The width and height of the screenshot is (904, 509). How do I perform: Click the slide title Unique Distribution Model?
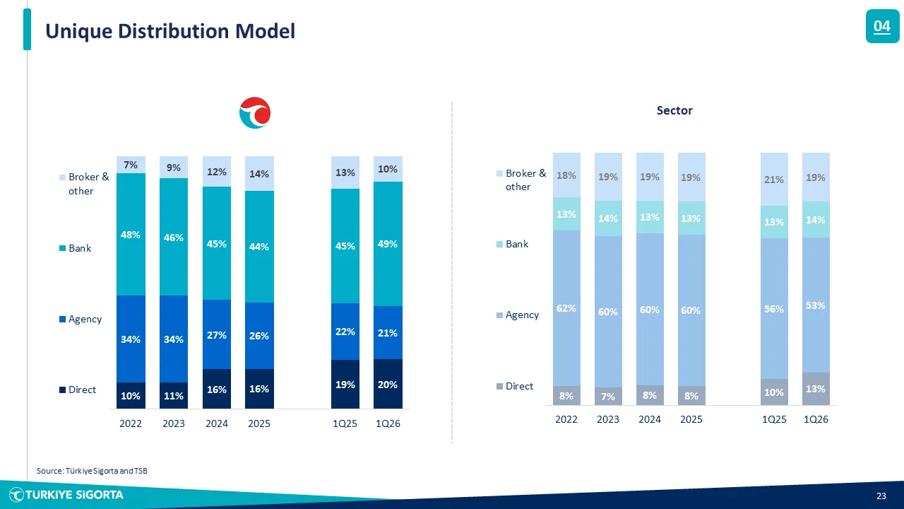(x=170, y=31)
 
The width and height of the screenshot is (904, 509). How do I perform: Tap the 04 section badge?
(x=882, y=27)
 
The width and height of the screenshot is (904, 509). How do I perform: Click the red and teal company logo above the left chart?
(x=255, y=114)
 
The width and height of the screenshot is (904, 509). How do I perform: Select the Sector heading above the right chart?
(x=674, y=110)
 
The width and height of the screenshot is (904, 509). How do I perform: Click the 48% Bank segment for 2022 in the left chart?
(x=131, y=234)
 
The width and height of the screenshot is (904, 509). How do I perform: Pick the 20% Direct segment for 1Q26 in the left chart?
(x=388, y=384)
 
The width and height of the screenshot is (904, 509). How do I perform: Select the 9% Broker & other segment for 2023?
(x=174, y=168)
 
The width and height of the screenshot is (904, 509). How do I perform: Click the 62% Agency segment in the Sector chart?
(x=566, y=308)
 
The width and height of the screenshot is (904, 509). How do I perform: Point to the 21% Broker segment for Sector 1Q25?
(x=774, y=179)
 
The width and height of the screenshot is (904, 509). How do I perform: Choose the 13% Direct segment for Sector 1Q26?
(x=816, y=388)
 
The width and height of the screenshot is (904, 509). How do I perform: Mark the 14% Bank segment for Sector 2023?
(x=608, y=218)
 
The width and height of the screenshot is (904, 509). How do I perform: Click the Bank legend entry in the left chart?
(x=79, y=248)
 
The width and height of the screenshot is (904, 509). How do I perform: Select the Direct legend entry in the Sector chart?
(x=519, y=386)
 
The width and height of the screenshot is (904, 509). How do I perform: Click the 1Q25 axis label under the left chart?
(x=345, y=424)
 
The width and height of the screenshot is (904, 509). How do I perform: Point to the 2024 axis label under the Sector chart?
(x=650, y=419)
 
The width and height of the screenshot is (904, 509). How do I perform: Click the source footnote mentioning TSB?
(x=92, y=471)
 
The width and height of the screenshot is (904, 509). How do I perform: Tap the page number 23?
(x=881, y=496)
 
